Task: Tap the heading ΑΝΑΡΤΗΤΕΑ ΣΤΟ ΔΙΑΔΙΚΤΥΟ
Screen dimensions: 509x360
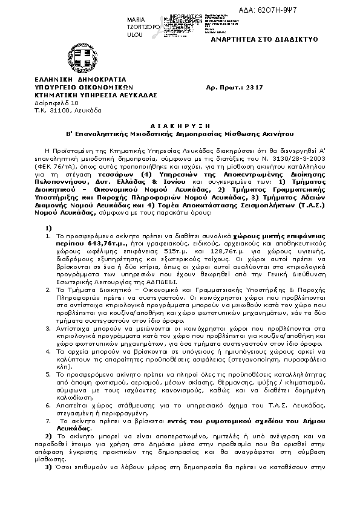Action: pos(255,38)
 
